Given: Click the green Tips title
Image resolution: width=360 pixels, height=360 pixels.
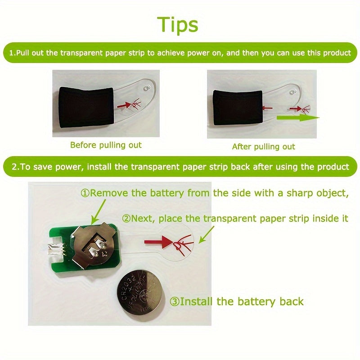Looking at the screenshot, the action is pyautogui.click(x=177, y=25).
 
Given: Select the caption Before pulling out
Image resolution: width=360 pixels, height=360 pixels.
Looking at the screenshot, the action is pyautogui.click(x=106, y=145).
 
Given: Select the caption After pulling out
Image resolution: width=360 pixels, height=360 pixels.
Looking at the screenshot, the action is pyautogui.click(x=263, y=147).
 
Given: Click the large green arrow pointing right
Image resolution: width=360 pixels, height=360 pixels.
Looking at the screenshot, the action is pyautogui.click(x=298, y=118).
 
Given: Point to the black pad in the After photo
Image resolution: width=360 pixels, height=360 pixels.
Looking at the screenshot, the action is pyautogui.click(x=238, y=108).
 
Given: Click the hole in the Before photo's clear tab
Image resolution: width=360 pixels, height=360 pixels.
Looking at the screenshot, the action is pyautogui.click(x=146, y=88).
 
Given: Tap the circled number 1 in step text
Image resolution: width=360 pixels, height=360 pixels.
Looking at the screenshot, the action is pyautogui.click(x=85, y=193).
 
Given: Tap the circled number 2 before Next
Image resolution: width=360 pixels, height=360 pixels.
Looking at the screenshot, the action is pyautogui.click(x=126, y=218).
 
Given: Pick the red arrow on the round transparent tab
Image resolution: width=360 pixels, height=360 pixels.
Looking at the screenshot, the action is pyautogui.click(x=158, y=242).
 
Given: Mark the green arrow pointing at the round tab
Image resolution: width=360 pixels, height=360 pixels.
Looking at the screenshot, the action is pyautogui.click(x=207, y=234).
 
